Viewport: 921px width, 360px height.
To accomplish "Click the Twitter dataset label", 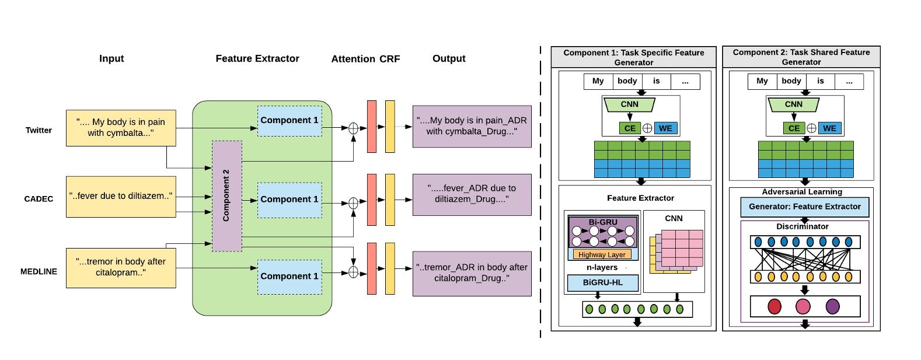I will tap(39, 130).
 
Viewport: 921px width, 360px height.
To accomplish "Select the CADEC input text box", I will tap(121, 197).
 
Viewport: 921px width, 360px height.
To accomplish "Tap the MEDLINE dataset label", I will tap(39, 271).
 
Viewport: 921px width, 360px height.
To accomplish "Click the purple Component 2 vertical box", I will tap(226, 195).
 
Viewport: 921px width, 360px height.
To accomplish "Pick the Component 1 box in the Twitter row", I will tap(289, 121).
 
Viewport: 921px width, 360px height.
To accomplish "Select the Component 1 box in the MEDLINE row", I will tap(289, 277).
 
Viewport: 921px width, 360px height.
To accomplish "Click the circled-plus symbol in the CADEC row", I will tap(353, 203).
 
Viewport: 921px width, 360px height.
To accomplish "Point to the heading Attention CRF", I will tap(365, 59).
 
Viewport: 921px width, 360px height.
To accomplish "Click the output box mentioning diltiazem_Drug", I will tap(472, 194).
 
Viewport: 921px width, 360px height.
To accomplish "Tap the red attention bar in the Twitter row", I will tap(372, 127).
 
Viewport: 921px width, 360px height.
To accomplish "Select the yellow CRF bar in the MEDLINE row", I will tap(390, 268).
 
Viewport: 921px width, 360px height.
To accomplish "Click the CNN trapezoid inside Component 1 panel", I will tap(629, 104).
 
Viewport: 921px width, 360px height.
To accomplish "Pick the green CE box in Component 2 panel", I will tap(794, 128).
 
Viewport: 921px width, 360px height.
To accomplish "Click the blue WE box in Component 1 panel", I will tap(665, 128).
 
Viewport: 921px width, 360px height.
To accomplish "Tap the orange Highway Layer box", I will tap(602, 254).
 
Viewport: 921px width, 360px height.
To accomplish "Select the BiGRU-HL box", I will tap(602, 282).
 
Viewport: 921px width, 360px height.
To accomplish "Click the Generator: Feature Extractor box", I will tap(804, 207).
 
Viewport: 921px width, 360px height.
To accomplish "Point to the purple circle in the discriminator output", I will tap(833, 306).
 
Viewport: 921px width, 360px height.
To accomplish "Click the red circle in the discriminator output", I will tap(775, 306).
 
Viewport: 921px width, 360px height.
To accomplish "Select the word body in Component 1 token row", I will tap(627, 81).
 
